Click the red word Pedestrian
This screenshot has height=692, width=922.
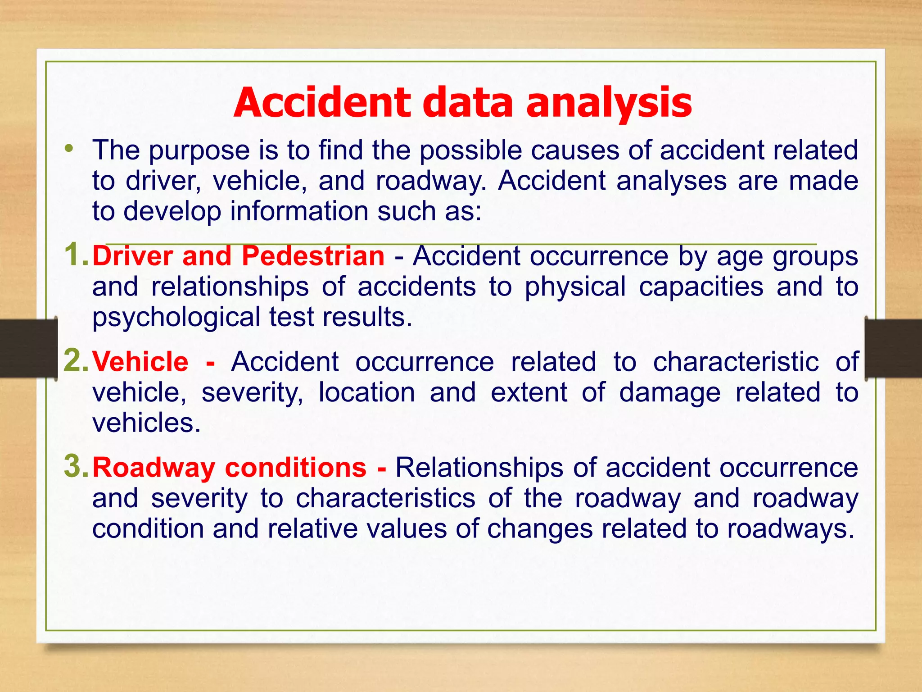[x=313, y=256]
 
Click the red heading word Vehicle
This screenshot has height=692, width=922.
[x=140, y=362]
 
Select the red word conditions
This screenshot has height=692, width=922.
[x=296, y=468]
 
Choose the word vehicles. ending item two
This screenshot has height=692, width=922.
[x=146, y=423]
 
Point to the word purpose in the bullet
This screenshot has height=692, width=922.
[x=199, y=151]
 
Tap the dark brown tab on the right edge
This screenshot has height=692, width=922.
[x=894, y=348]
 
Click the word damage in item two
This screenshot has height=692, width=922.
[x=670, y=393]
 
